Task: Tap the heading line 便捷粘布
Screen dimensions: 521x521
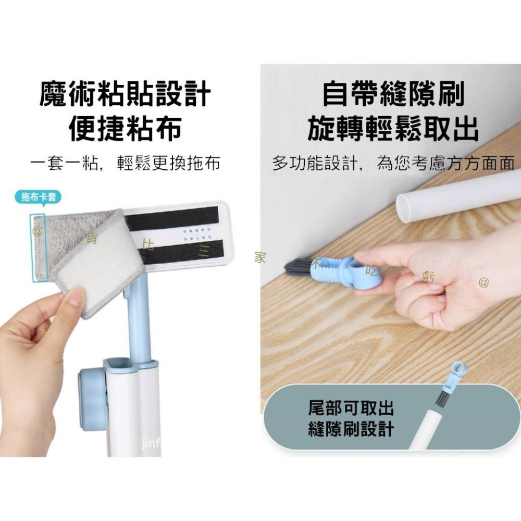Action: coord(125,128)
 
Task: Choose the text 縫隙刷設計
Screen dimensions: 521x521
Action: coord(351,429)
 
